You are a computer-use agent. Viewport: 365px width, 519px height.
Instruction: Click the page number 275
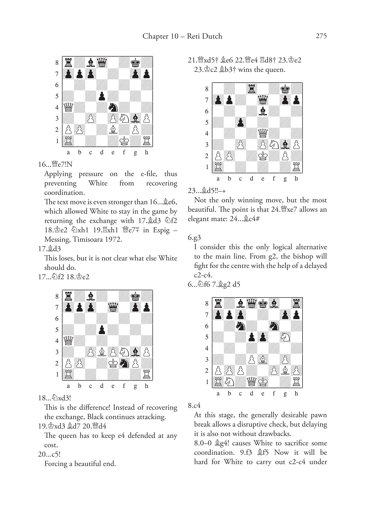point(321,36)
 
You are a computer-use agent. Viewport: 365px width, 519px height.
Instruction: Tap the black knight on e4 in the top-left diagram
point(113,107)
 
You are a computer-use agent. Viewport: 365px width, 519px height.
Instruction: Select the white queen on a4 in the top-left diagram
point(68,107)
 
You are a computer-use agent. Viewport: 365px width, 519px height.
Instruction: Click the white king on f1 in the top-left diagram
point(124,141)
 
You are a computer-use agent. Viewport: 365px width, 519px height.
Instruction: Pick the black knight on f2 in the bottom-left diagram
point(124,363)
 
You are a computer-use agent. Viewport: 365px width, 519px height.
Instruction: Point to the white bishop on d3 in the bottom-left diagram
point(102,352)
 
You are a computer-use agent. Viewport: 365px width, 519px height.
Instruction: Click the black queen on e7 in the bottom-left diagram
point(113,307)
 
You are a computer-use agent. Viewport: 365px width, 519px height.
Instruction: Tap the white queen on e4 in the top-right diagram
point(263,133)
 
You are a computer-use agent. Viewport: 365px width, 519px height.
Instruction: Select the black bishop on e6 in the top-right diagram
point(263,111)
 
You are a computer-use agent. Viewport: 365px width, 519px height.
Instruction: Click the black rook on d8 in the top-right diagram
point(252,89)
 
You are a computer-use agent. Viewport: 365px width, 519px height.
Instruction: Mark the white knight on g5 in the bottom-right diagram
point(285,337)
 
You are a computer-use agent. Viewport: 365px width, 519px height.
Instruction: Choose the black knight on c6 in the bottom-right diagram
point(240,326)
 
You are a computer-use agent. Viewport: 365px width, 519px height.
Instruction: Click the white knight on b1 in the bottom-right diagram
point(229,382)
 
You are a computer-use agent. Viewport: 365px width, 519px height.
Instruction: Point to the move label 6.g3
point(194,238)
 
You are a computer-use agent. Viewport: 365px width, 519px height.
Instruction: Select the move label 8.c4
point(194,406)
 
